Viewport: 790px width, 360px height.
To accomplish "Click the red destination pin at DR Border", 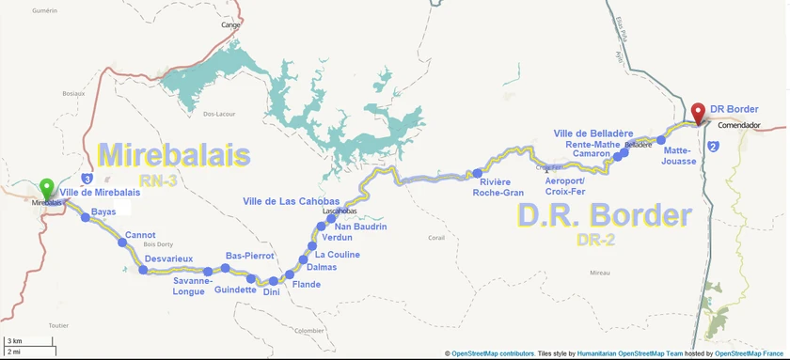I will (x=698, y=112).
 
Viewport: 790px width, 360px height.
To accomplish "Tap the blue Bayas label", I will (x=103, y=212).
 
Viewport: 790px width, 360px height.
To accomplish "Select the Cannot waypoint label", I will (x=140, y=235).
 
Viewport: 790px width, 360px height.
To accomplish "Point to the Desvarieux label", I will (x=169, y=258).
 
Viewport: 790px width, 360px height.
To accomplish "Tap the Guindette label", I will (x=235, y=290).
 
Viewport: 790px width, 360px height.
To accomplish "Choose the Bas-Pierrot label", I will (x=250, y=256).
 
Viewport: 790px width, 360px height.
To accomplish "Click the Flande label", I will (x=307, y=285).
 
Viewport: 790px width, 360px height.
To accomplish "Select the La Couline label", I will (x=337, y=255).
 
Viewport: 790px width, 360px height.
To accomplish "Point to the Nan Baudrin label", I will (x=360, y=227).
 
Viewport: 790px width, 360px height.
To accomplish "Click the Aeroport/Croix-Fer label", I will (x=564, y=186).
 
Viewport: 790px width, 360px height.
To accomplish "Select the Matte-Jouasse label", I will (x=679, y=155).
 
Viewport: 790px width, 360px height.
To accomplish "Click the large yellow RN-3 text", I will (x=158, y=180).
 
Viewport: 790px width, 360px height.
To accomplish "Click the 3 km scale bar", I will (x=28, y=340).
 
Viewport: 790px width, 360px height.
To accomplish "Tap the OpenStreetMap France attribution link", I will (x=750, y=353).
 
